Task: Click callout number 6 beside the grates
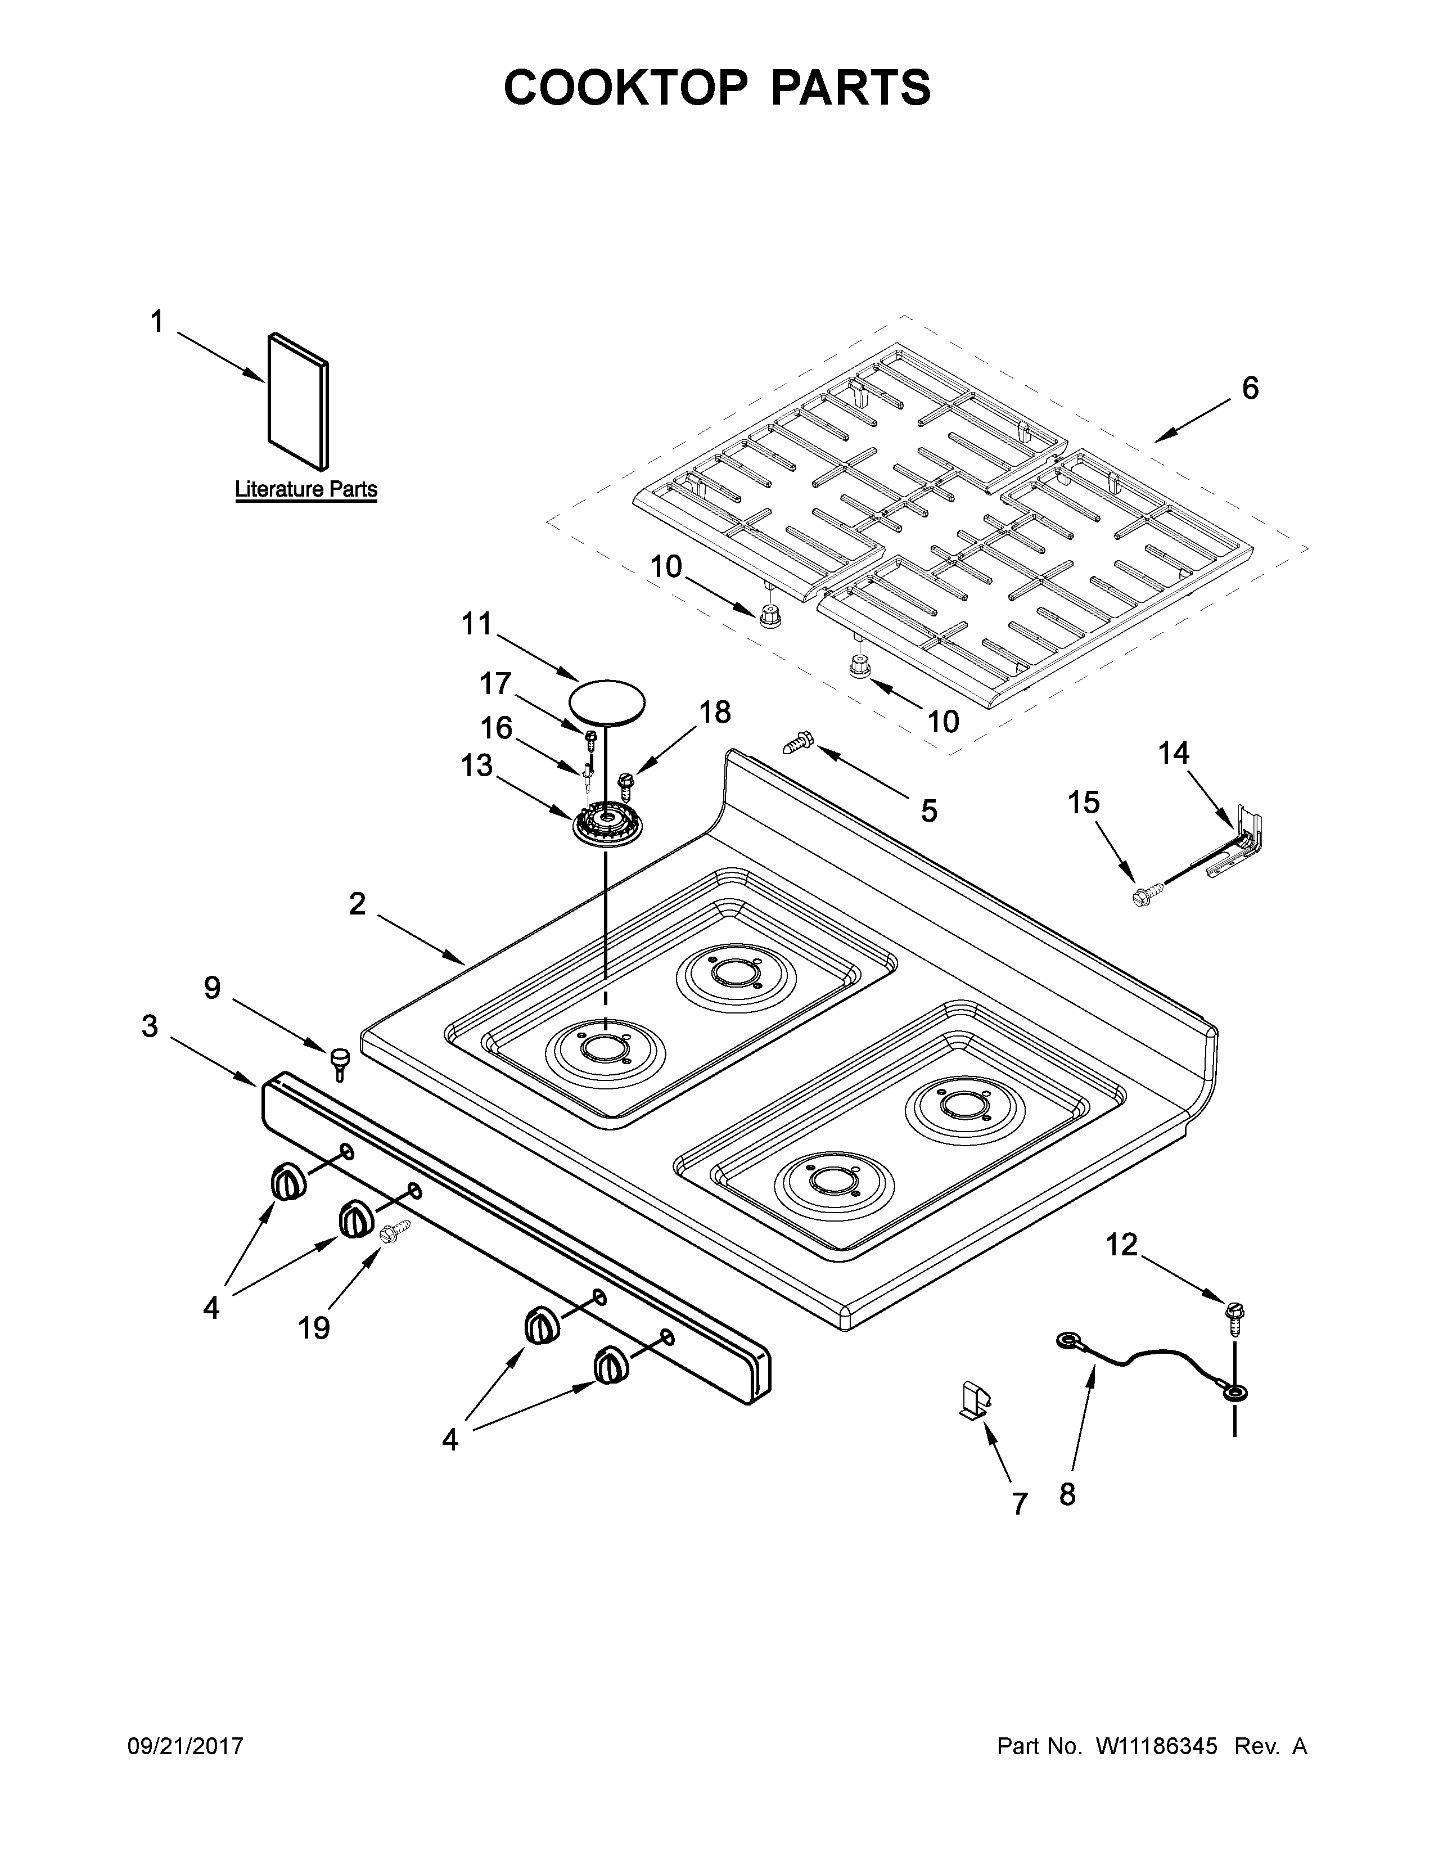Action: [1250, 389]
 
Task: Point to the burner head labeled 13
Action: [607, 825]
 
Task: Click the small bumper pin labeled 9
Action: [340, 1061]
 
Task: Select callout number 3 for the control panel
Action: [150, 1026]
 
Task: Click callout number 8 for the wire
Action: [1067, 1493]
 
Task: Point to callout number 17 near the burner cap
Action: [495, 683]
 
